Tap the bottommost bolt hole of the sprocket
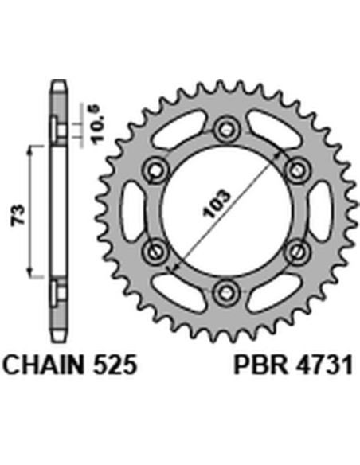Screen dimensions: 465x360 [225, 290]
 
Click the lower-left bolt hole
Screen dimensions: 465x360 [155, 250]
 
